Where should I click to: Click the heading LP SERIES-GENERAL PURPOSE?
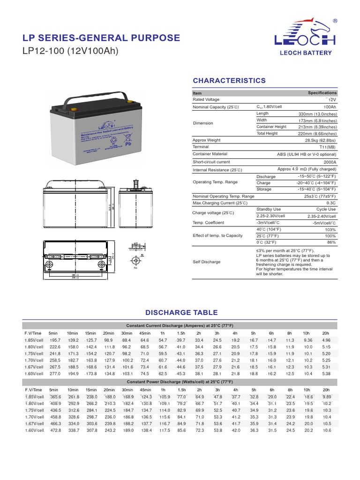[x=101, y=38]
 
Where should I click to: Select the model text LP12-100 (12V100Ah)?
[x=71, y=51]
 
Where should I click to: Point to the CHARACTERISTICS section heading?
[x=229, y=81]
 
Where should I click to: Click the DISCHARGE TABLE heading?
[x=181, y=313]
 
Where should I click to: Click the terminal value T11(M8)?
[x=326, y=147]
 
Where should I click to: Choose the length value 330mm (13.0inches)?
[x=317, y=114]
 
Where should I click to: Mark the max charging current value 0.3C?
[x=330, y=203]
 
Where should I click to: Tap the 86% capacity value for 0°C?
[x=331, y=242]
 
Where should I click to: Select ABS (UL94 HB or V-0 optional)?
[x=307, y=154]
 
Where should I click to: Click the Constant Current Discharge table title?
[x=180, y=325]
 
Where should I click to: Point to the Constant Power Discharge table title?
[x=180, y=382]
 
